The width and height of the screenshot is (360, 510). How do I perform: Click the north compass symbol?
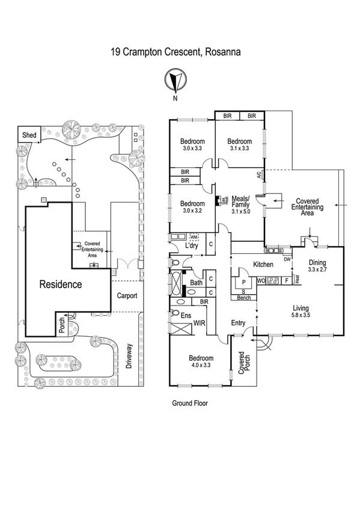(175, 80)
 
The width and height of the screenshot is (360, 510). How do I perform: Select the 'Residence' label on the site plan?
(60, 284)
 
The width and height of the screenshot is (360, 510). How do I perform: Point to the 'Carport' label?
(127, 296)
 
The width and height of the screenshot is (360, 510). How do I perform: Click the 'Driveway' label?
(127, 355)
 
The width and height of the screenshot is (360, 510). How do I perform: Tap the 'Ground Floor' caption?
(189, 404)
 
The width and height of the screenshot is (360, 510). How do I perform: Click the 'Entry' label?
(239, 323)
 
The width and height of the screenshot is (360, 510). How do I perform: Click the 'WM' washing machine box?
(194, 237)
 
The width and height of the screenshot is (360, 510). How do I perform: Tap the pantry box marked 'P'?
(244, 282)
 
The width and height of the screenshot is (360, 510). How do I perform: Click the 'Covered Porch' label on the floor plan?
(243, 364)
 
